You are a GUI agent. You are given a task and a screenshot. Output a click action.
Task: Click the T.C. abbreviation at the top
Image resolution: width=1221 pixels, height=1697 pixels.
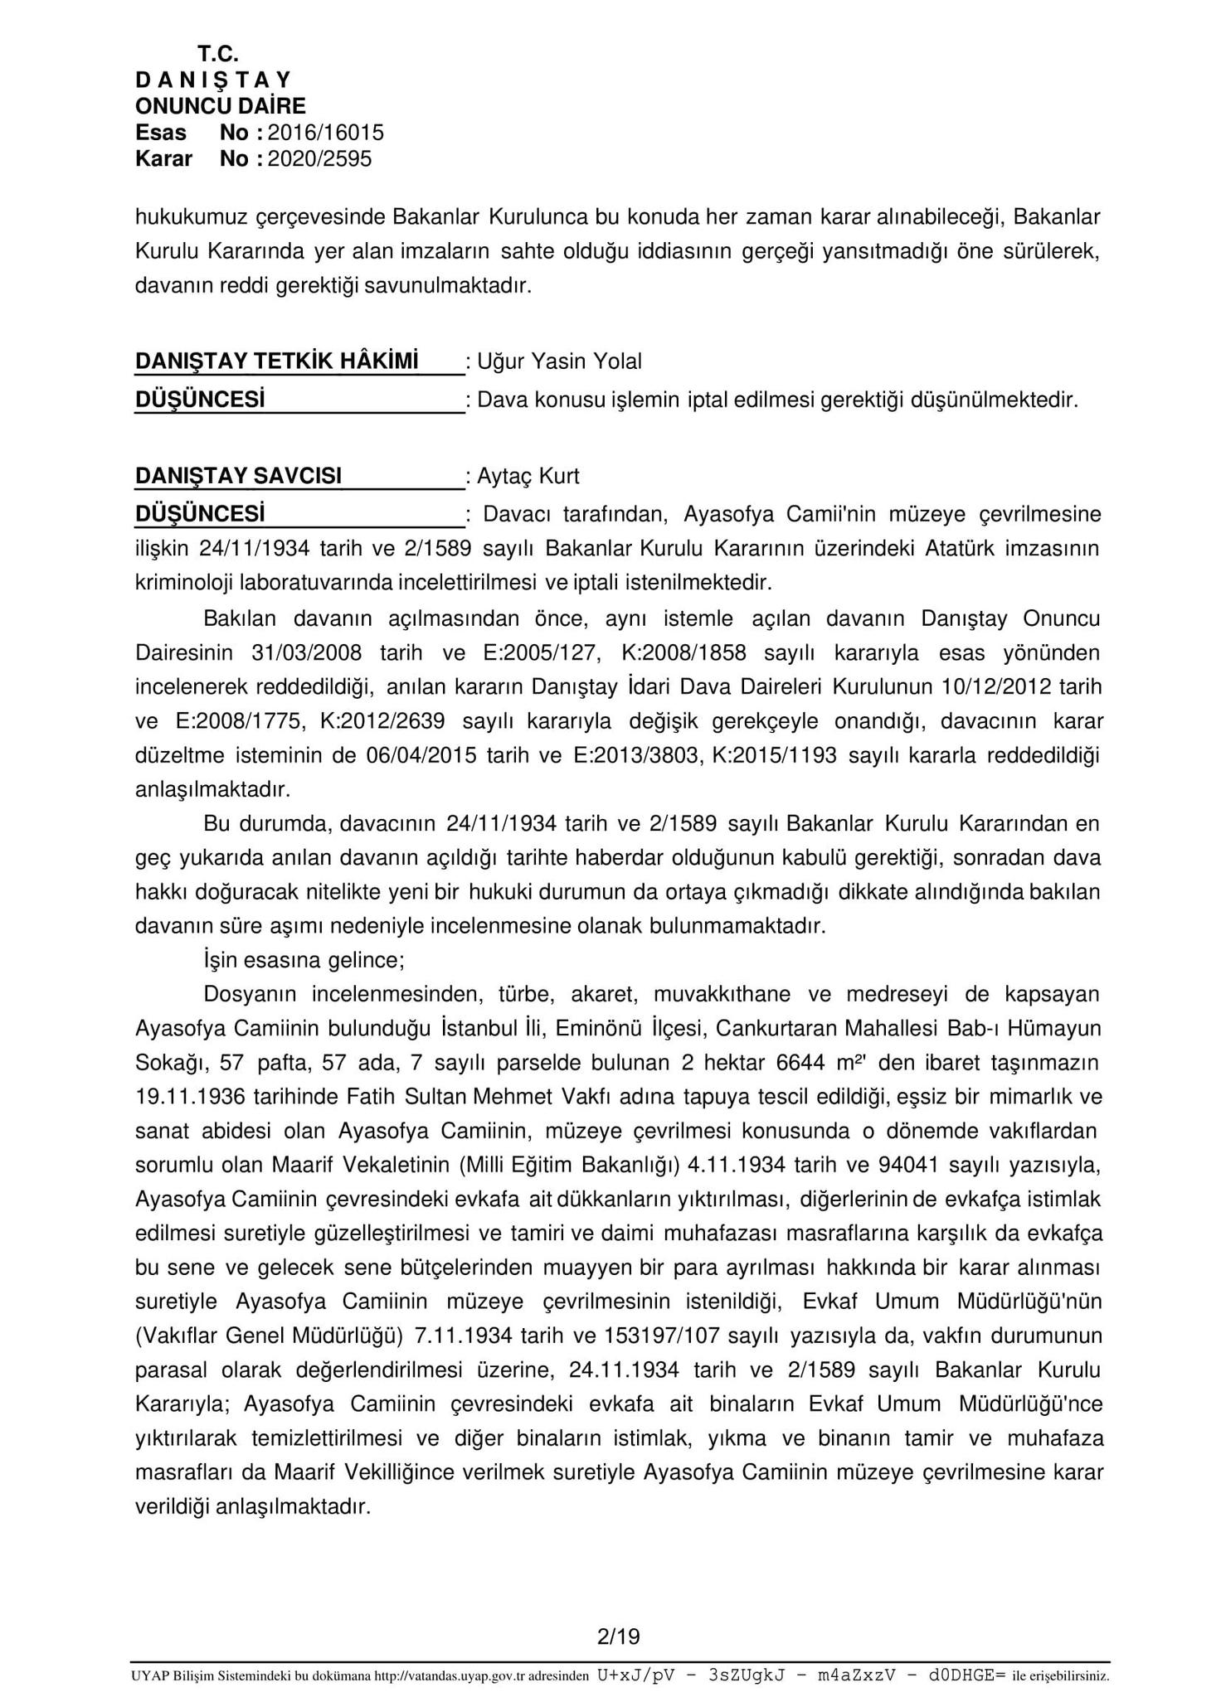point(218,55)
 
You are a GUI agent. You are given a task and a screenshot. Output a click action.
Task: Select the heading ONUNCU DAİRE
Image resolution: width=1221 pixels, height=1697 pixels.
point(221,106)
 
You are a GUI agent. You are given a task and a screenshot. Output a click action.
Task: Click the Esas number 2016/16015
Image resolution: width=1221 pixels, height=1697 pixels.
point(326,133)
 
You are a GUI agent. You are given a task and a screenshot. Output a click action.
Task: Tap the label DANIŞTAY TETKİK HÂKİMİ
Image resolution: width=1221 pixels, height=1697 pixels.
point(276,361)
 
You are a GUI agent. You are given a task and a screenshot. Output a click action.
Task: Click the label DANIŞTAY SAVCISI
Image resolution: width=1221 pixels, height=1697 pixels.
point(238,476)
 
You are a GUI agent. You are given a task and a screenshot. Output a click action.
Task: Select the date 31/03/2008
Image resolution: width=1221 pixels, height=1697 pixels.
point(306,653)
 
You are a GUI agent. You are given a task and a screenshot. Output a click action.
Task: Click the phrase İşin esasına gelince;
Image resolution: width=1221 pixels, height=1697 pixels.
point(304,961)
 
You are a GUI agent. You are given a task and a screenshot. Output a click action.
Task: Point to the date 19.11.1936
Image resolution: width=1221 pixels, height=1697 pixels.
point(190,1097)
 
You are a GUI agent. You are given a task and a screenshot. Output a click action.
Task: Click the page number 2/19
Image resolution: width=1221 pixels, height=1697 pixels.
point(618,1637)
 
